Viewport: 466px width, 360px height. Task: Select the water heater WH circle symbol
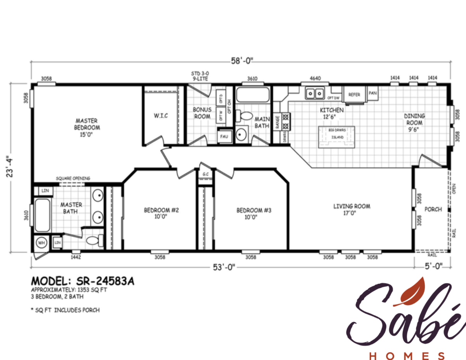[41, 243]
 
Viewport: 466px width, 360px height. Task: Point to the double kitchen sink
[315, 93]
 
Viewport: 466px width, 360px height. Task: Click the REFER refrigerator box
[354, 95]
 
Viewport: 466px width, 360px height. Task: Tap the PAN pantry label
[372, 93]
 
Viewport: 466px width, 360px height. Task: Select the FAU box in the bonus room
[224, 137]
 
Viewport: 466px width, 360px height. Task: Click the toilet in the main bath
[245, 116]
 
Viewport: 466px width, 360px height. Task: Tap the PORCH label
[433, 209]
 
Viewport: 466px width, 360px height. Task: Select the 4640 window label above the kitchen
[315, 78]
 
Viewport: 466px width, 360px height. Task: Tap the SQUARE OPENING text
[73, 178]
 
